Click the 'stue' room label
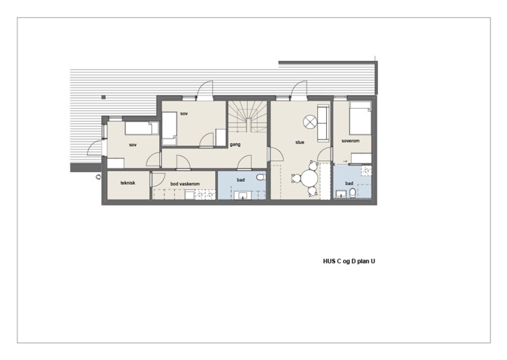pyautogui.click(x=299, y=142)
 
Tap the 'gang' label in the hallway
pyautogui.click(x=235, y=144)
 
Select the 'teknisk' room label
pyautogui.click(x=128, y=183)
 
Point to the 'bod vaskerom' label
pyautogui.click(x=185, y=184)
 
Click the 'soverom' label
pyautogui.click(x=350, y=141)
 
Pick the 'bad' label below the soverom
pyautogui.click(x=349, y=183)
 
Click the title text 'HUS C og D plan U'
pyautogui.click(x=349, y=261)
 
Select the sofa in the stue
pyautogui.click(x=323, y=124)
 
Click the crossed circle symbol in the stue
pyautogui.click(x=310, y=122)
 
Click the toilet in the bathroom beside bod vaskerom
pyautogui.click(x=261, y=177)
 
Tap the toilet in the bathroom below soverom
pyautogui.click(x=352, y=193)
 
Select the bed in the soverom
pyautogui.click(x=360, y=118)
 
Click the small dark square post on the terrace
pyautogui.click(x=103, y=97)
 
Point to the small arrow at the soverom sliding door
pyautogui.click(x=345, y=161)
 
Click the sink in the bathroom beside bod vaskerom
pyautogui.click(x=243, y=195)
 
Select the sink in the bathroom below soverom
pyautogui.click(x=341, y=194)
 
